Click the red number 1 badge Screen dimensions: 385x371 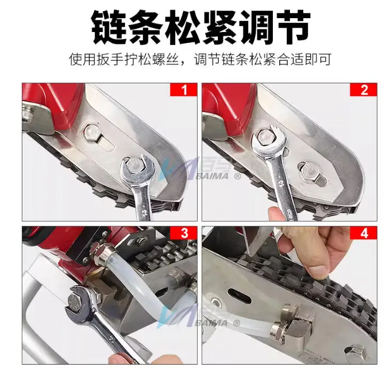[184, 90]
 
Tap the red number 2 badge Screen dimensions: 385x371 [364, 90]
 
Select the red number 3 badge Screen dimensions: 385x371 [184, 233]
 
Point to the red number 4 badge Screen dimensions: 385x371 [364, 233]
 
